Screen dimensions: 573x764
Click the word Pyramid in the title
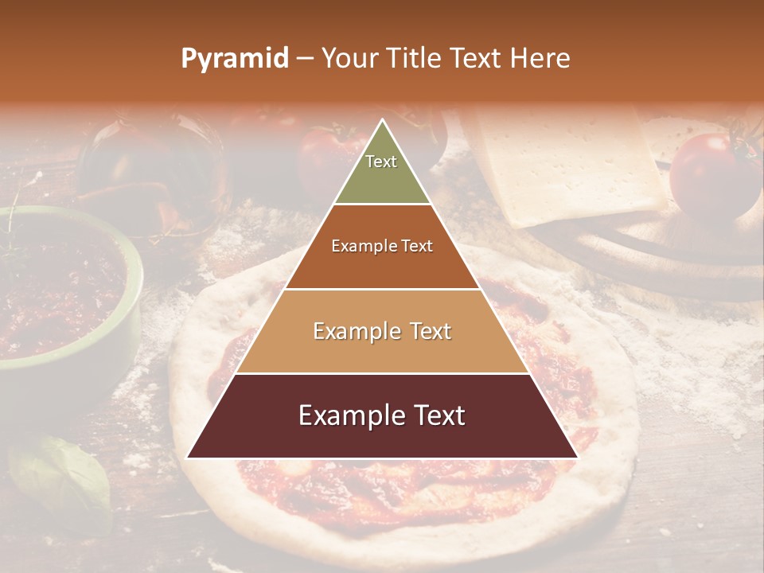(235, 59)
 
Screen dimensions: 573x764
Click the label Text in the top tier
(381, 162)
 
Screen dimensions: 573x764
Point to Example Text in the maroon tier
(382, 415)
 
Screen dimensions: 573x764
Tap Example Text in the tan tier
(382, 331)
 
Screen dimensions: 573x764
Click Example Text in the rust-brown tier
(382, 246)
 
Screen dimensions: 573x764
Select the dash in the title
(305, 59)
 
